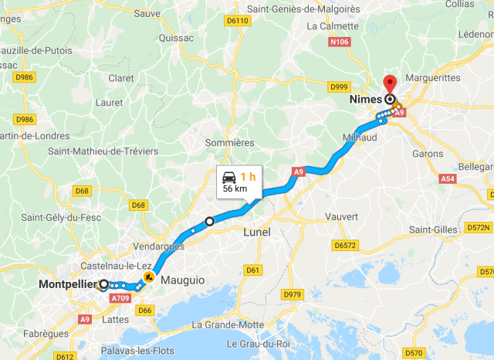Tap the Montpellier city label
click(68, 284)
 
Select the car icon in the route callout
click(228, 175)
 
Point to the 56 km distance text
click(235, 188)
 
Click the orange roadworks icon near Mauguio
click(148, 276)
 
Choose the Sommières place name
click(229, 143)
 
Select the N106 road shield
click(340, 42)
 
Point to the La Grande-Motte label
click(228, 324)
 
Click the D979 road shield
click(293, 294)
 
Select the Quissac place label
click(176, 37)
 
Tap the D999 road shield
click(340, 87)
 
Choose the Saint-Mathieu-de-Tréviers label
click(103, 151)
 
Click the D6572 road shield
click(345, 246)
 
